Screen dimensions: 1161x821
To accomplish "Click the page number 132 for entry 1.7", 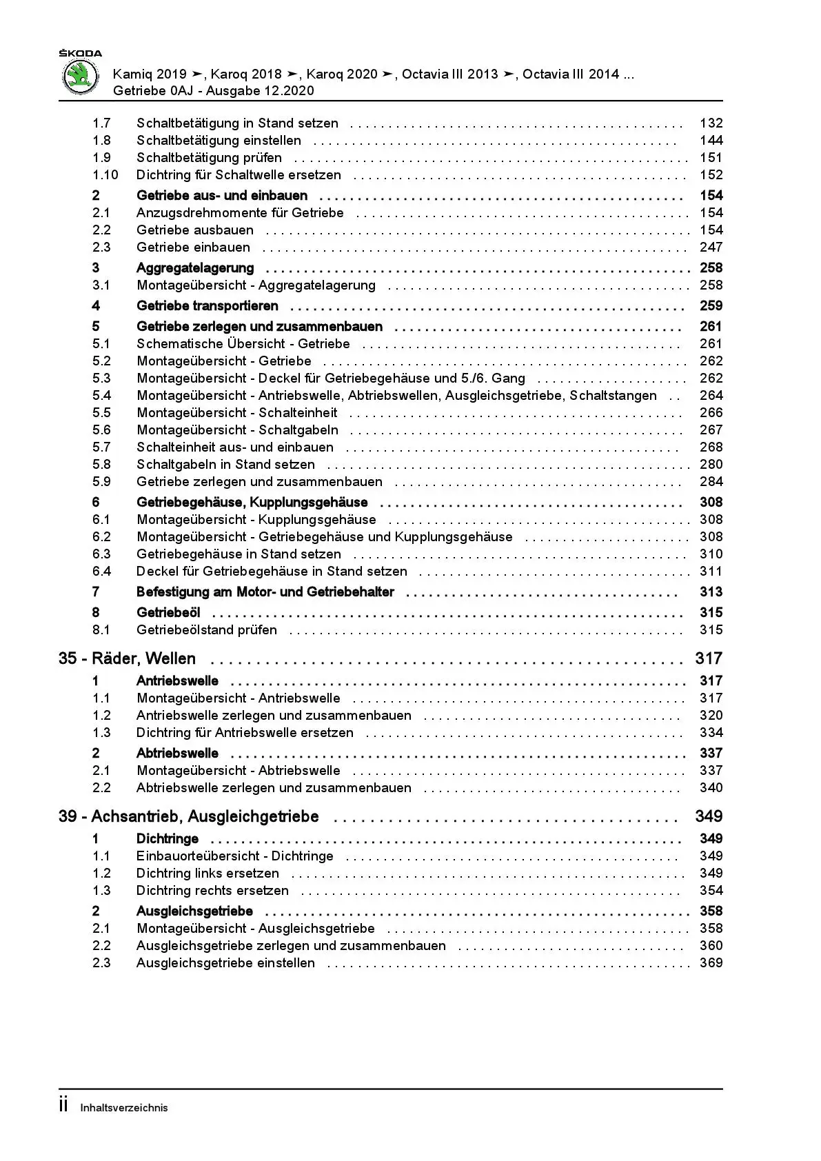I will (x=711, y=123).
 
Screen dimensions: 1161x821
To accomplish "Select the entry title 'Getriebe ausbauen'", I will (x=195, y=230).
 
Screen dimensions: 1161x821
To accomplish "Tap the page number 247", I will (x=711, y=248).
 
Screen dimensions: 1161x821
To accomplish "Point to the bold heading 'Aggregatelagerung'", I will (x=195, y=268).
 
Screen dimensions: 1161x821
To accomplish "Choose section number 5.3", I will (x=101, y=378).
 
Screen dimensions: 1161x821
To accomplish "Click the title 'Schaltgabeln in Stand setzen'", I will (x=225, y=465).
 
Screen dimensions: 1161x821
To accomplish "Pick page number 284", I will (x=711, y=482).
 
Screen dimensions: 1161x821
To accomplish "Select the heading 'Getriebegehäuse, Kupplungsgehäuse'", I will (x=252, y=503).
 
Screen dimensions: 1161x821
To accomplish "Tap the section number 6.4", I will (x=101, y=572).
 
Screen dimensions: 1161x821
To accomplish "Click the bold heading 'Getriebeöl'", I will (x=168, y=613).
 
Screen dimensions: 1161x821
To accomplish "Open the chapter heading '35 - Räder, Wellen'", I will (x=128, y=659).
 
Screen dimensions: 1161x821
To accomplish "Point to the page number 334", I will (x=711, y=733).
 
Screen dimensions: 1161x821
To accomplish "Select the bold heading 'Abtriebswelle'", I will (x=177, y=754).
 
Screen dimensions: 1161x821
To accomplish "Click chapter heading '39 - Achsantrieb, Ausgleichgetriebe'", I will (x=189, y=817).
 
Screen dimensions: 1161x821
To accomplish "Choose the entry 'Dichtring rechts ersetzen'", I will (x=212, y=891).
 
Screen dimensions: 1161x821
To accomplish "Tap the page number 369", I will (x=711, y=963).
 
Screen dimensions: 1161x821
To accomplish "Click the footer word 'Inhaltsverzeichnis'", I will (x=124, y=1109).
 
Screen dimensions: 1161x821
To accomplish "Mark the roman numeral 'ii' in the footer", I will (x=63, y=1106).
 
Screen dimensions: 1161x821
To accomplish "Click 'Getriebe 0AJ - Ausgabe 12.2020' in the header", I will (x=214, y=91).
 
